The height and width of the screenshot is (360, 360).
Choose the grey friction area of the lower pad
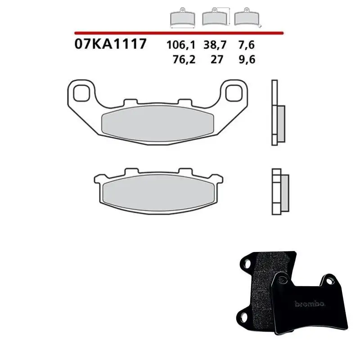pos(158,192)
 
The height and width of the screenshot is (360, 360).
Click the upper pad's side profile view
pos(276,112)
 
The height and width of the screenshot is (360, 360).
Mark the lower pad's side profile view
pos(276,191)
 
